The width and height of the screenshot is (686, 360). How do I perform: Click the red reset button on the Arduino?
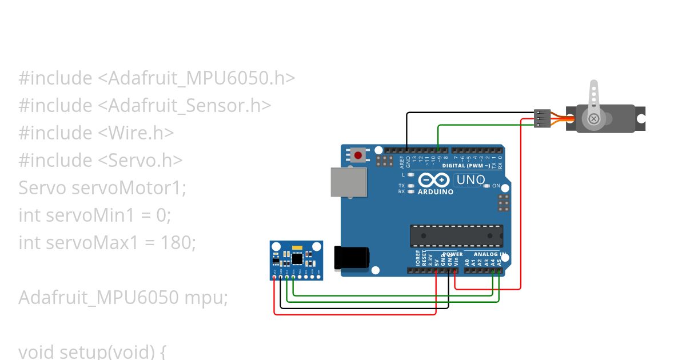358,155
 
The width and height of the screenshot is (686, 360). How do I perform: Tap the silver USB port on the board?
349,182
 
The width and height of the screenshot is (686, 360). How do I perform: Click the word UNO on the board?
470,180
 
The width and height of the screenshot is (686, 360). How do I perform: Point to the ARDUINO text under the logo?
436,192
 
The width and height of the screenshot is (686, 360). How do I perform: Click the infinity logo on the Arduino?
434,181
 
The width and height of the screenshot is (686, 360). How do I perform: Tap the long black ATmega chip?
456,235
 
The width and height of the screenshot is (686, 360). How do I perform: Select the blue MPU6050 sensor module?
296,260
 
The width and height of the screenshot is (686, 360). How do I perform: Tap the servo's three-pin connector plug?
542,118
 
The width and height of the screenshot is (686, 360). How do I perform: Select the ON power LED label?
496,186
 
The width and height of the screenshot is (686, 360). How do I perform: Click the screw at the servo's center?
594,119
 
